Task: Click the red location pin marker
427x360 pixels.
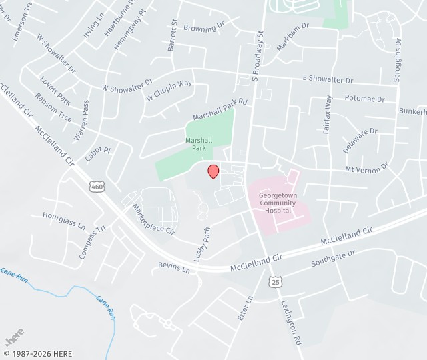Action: [x=213, y=171]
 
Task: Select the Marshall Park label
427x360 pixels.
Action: [x=199, y=144]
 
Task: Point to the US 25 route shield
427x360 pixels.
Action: [x=276, y=283]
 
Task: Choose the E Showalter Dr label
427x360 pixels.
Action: [x=328, y=80]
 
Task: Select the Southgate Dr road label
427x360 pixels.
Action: [x=333, y=259]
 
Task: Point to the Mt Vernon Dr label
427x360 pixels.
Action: [x=366, y=169]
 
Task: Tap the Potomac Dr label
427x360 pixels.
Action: [x=365, y=99]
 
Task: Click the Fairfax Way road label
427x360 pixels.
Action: [x=328, y=115]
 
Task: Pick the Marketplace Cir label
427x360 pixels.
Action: [x=153, y=219]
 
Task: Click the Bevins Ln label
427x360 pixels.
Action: [x=174, y=268]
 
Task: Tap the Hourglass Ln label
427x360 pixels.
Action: [x=64, y=221]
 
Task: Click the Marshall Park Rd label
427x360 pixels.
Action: [x=220, y=110]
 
